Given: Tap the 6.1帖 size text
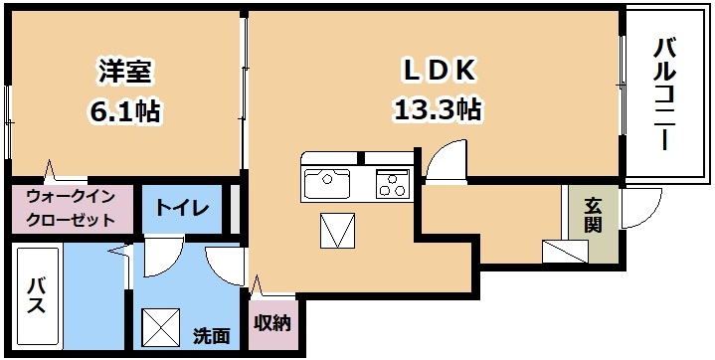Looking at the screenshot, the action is click(125, 110).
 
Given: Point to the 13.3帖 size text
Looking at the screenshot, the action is click(438, 109).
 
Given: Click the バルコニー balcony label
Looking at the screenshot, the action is click(665, 94).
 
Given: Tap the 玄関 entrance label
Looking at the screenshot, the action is click(594, 216).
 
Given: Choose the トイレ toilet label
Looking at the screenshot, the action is click(182, 208).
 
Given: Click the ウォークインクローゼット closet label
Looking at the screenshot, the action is click(71, 209).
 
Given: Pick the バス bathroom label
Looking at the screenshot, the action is click(36, 296).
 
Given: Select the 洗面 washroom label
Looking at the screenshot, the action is click(210, 336).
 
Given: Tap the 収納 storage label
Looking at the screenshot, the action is click(272, 323).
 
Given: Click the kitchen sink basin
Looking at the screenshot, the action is click(327, 184).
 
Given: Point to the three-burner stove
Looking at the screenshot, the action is click(392, 184).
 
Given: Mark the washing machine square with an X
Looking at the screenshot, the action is click(160, 326).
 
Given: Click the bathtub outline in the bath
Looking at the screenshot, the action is click(37, 297).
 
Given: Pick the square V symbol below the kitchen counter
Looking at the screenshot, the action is click(337, 231).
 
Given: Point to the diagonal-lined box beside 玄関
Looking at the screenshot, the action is click(565, 252).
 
